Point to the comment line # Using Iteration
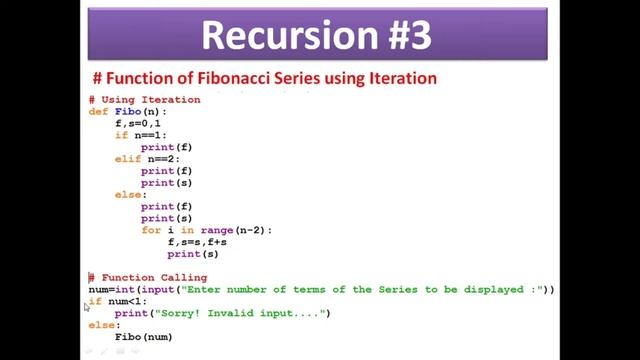point(144,100)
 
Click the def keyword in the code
point(98,112)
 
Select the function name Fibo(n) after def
point(135,112)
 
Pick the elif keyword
point(127,159)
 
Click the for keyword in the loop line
point(150,230)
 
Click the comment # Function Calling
point(148,278)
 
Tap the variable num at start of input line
point(98,290)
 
